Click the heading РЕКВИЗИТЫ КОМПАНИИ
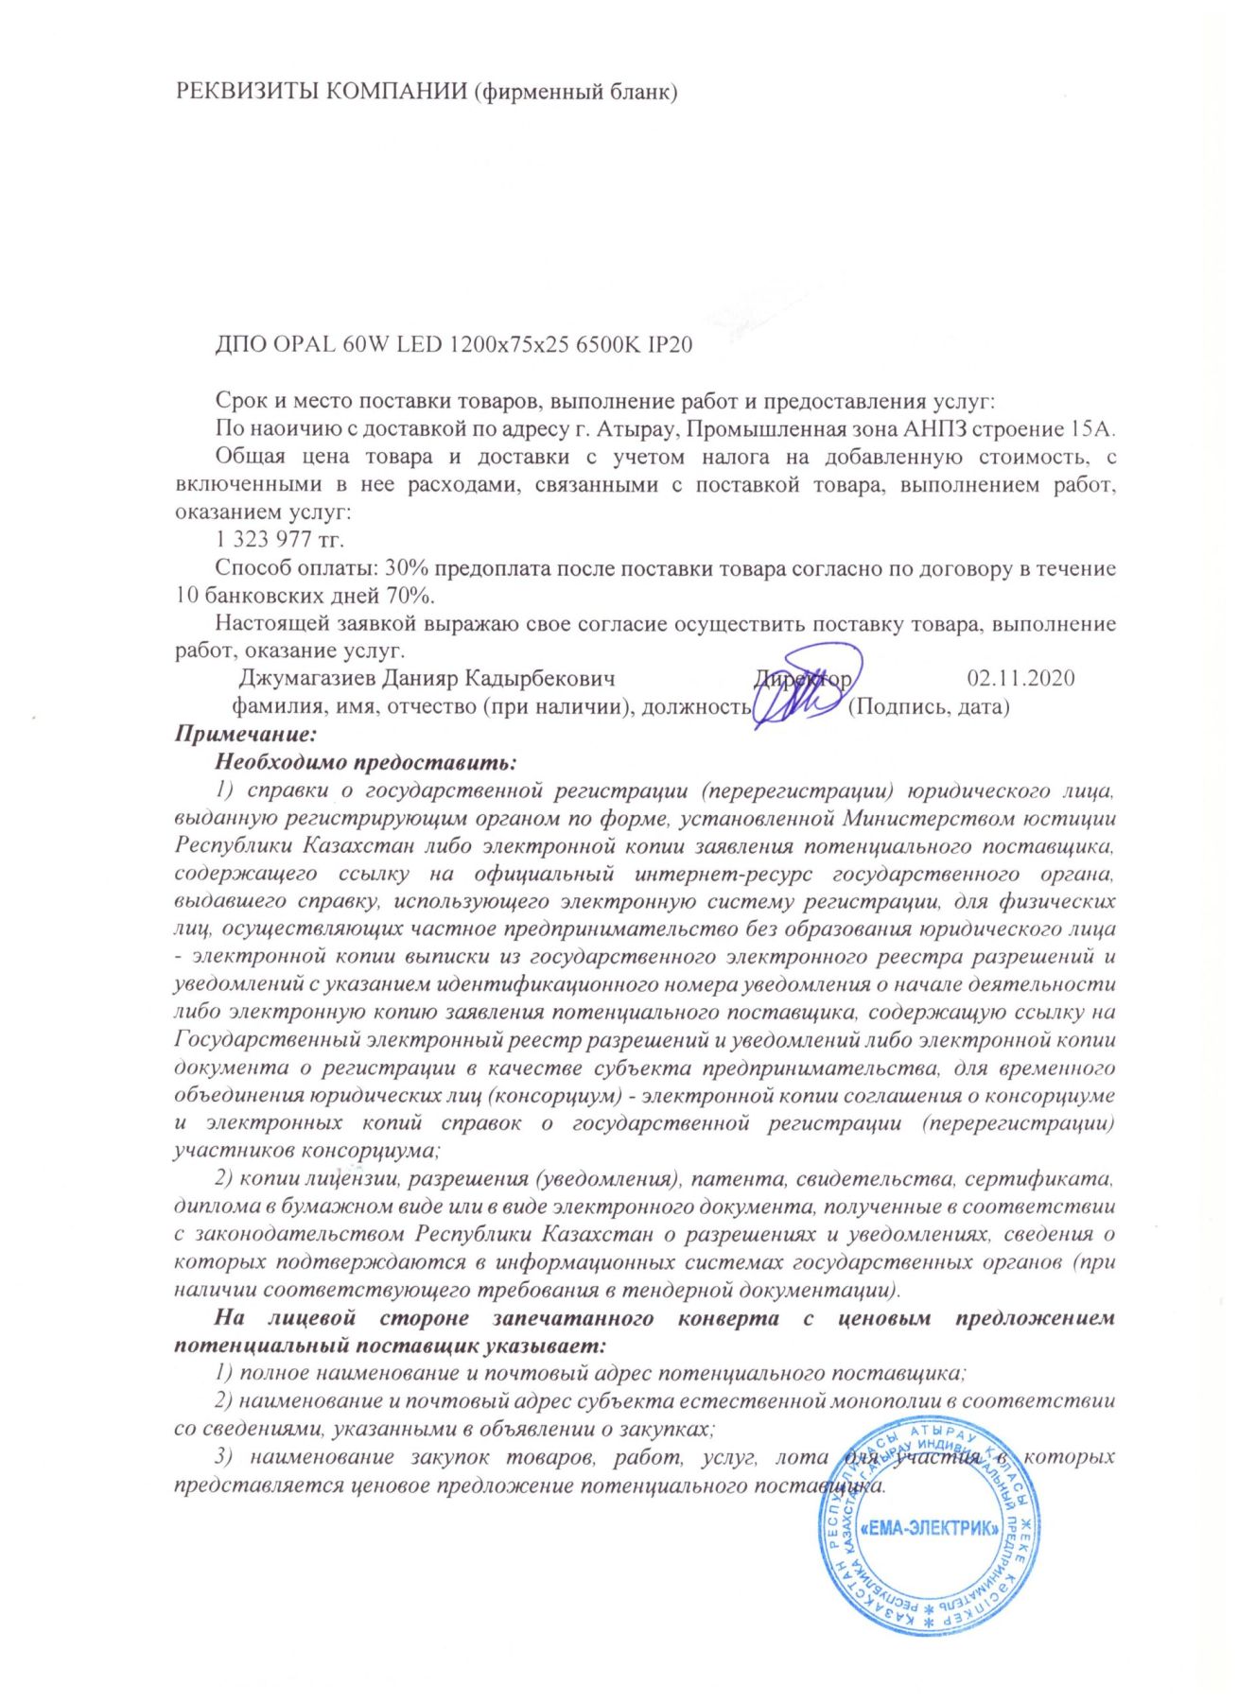[x=322, y=92]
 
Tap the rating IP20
[x=670, y=344]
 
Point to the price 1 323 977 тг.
[x=280, y=540]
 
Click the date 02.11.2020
[x=1020, y=678]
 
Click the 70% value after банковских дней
[x=410, y=596]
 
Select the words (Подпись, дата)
[x=928, y=706]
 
